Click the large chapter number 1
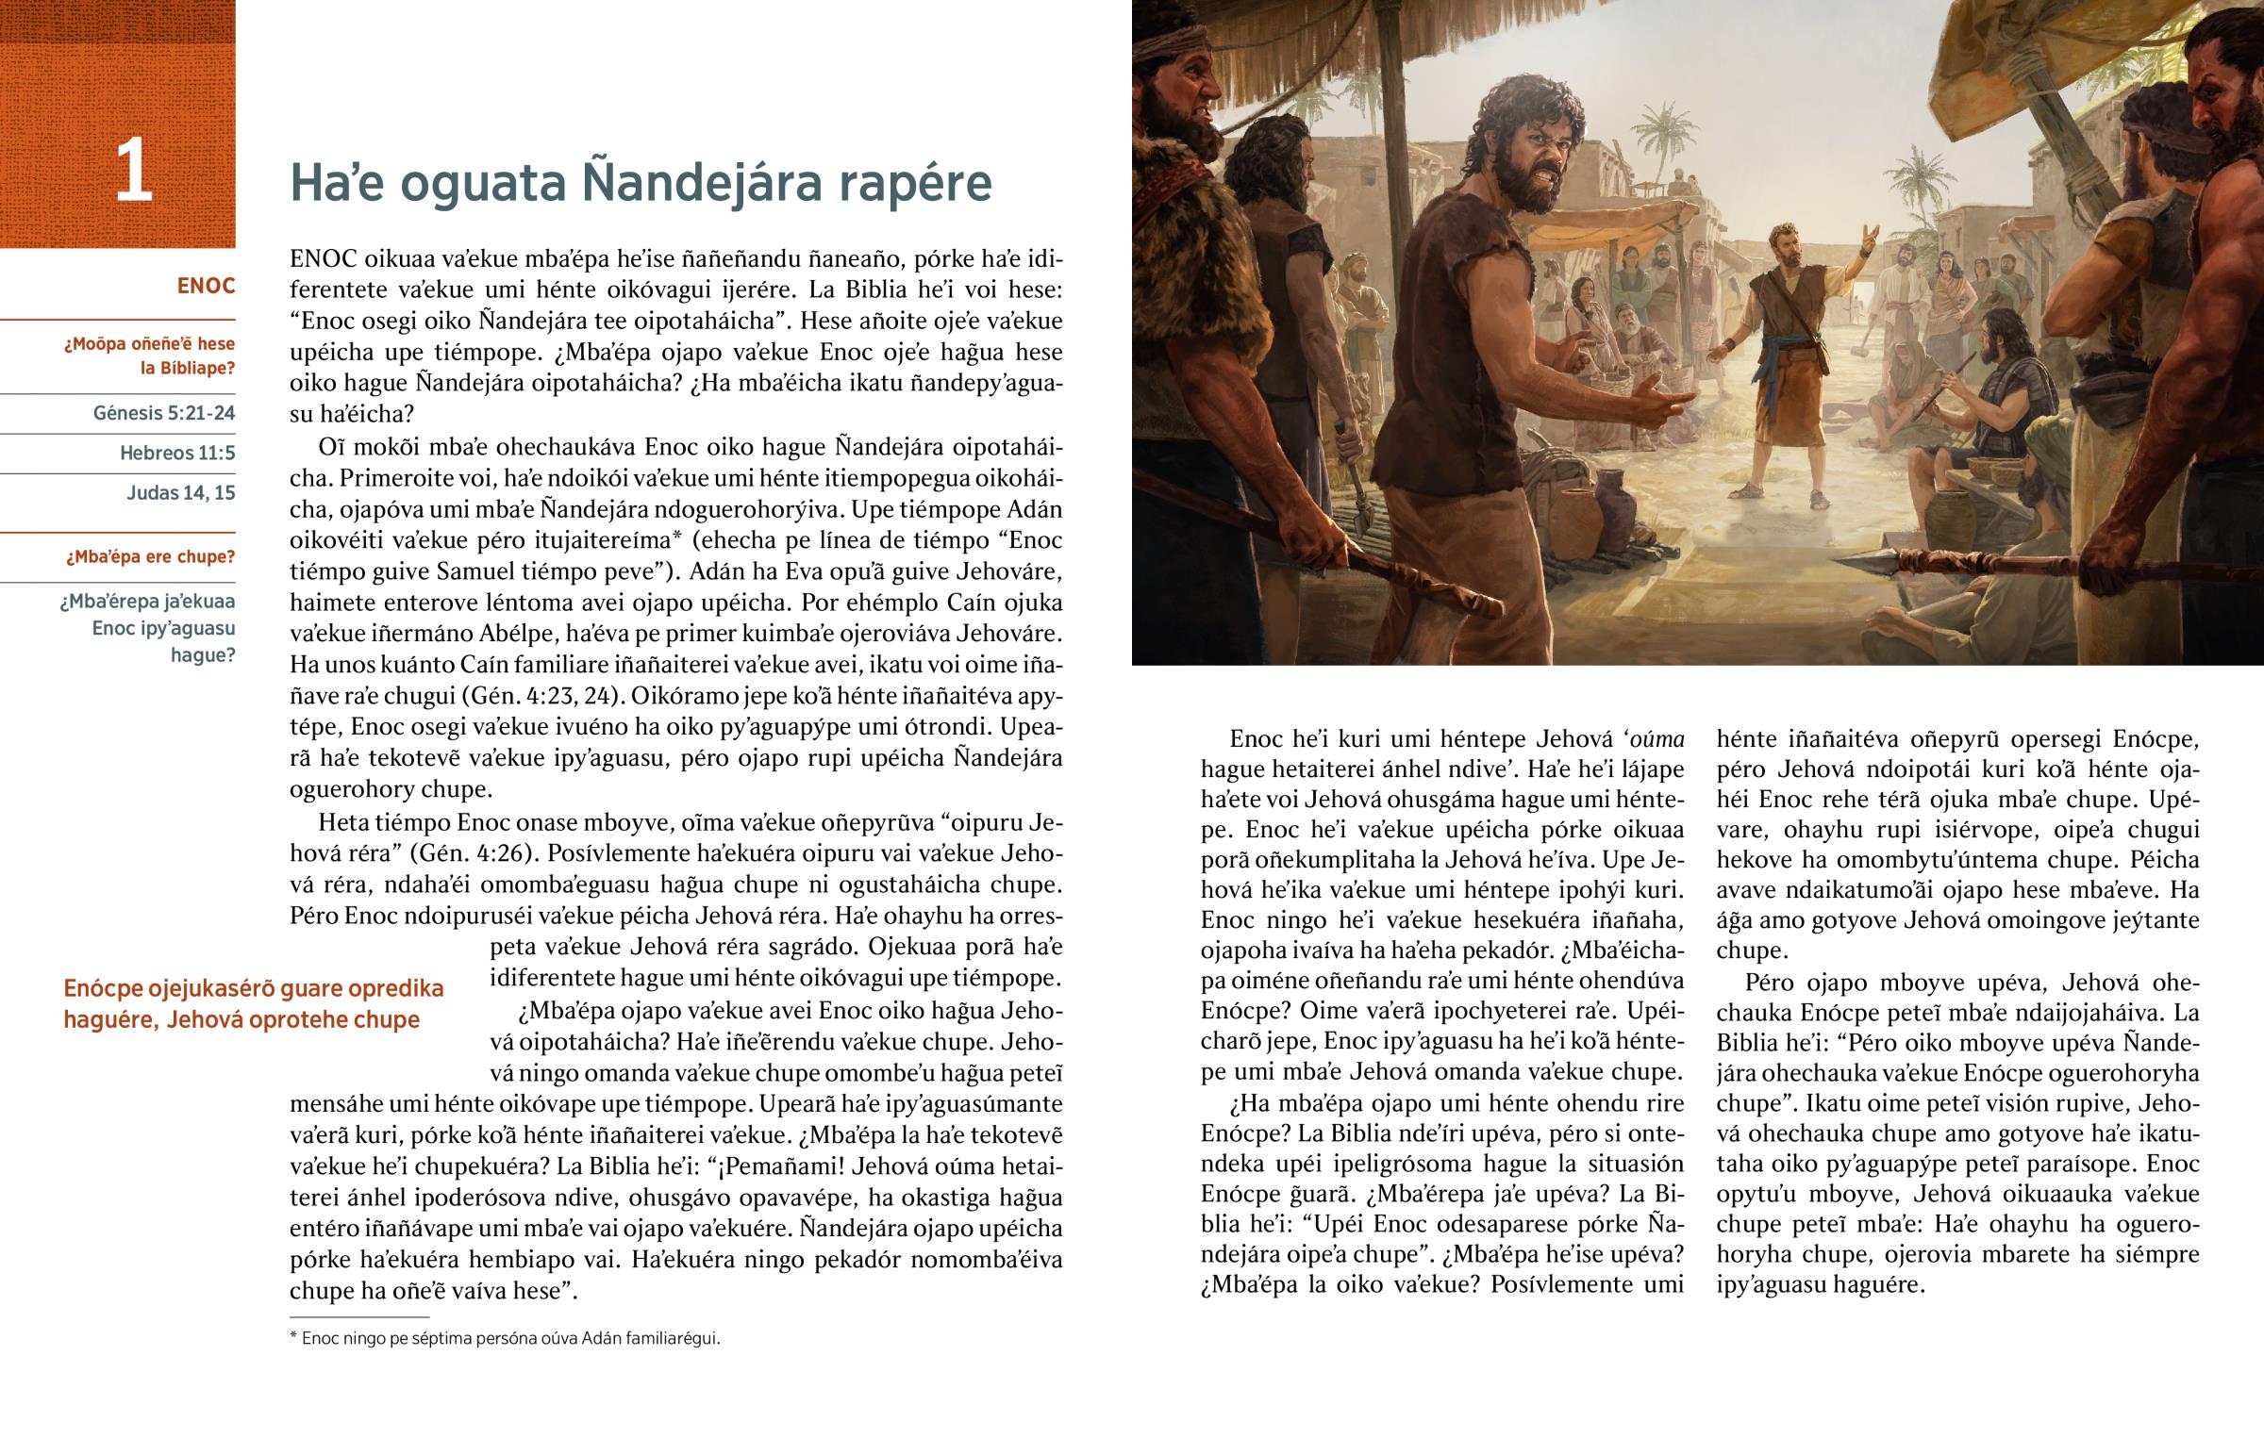click(x=132, y=171)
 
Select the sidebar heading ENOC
click(x=205, y=287)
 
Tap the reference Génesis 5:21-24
click(x=163, y=413)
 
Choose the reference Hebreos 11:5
click(x=176, y=453)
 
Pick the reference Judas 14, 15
click(x=180, y=492)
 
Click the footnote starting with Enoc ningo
click(x=510, y=1338)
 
